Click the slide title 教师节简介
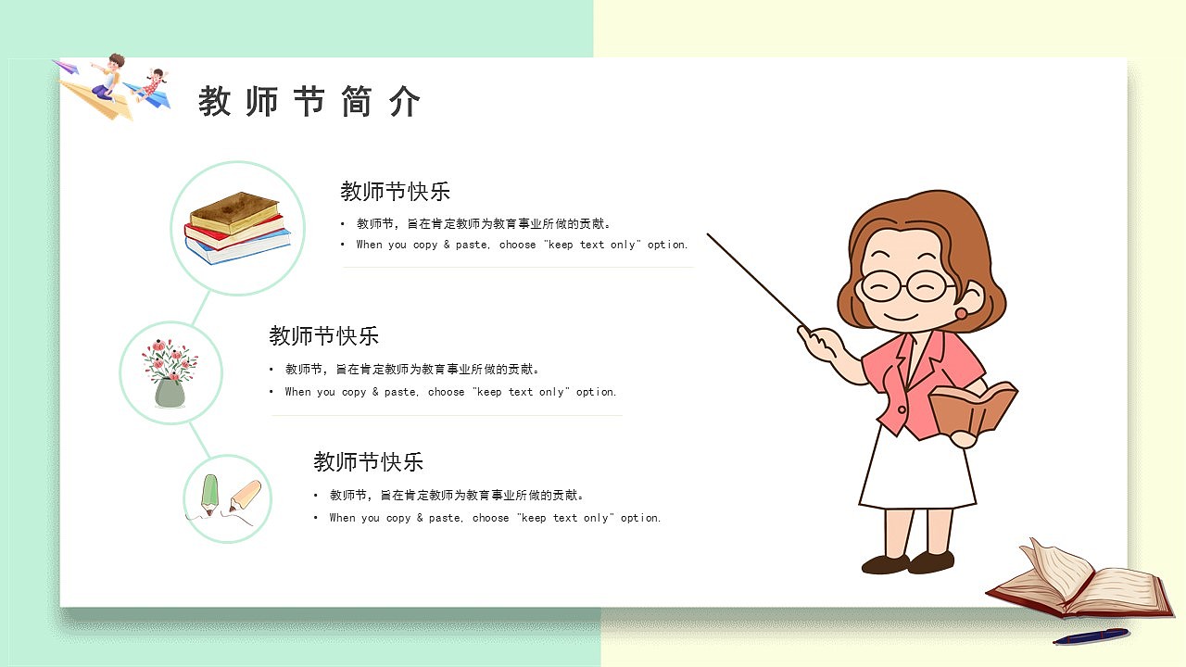[x=309, y=102]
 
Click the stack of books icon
[x=237, y=227]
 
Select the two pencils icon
[x=225, y=499]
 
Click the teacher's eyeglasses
[x=905, y=284]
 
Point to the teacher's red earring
[x=961, y=314]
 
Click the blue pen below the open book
[x=1091, y=636]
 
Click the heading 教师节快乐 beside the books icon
[x=395, y=192]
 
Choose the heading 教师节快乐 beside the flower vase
[x=323, y=335]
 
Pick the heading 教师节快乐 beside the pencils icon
[x=368, y=461]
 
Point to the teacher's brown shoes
[x=908, y=562]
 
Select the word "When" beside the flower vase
[x=297, y=393]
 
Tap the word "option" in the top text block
[x=667, y=245]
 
